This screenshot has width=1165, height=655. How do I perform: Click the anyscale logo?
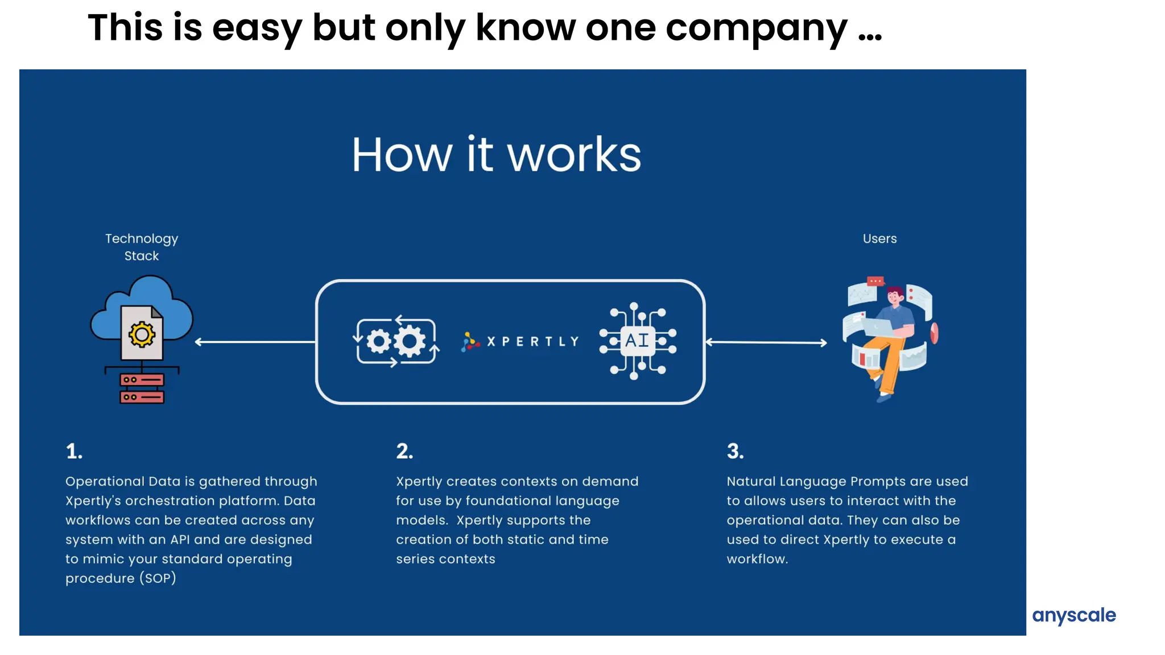tap(1073, 615)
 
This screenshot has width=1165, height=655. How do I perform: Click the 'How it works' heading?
tap(496, 155)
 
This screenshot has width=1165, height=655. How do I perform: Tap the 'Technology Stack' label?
tap(142, 247)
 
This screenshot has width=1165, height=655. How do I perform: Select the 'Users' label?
tap(879, 239)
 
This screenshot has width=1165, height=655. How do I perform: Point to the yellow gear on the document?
tap(142, 334)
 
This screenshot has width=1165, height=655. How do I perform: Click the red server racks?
tap(142, 388)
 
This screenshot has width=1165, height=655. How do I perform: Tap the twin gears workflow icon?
tap(396, 341)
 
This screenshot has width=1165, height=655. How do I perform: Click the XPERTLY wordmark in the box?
tap(533, 342)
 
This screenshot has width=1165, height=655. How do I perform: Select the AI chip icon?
tap(637, 341)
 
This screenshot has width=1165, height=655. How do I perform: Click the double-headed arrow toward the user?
tap(766, 342)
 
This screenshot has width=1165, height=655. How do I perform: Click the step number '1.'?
tap(74, 451)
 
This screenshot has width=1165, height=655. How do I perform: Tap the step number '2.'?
tap(404, 451)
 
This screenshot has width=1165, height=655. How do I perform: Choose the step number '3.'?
tap(735, 451)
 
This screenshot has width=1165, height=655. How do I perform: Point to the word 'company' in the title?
tap(756, 28)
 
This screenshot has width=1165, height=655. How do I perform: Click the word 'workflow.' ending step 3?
tap(757, 559)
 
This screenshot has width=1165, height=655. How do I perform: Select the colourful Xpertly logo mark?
tap(470, 342)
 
